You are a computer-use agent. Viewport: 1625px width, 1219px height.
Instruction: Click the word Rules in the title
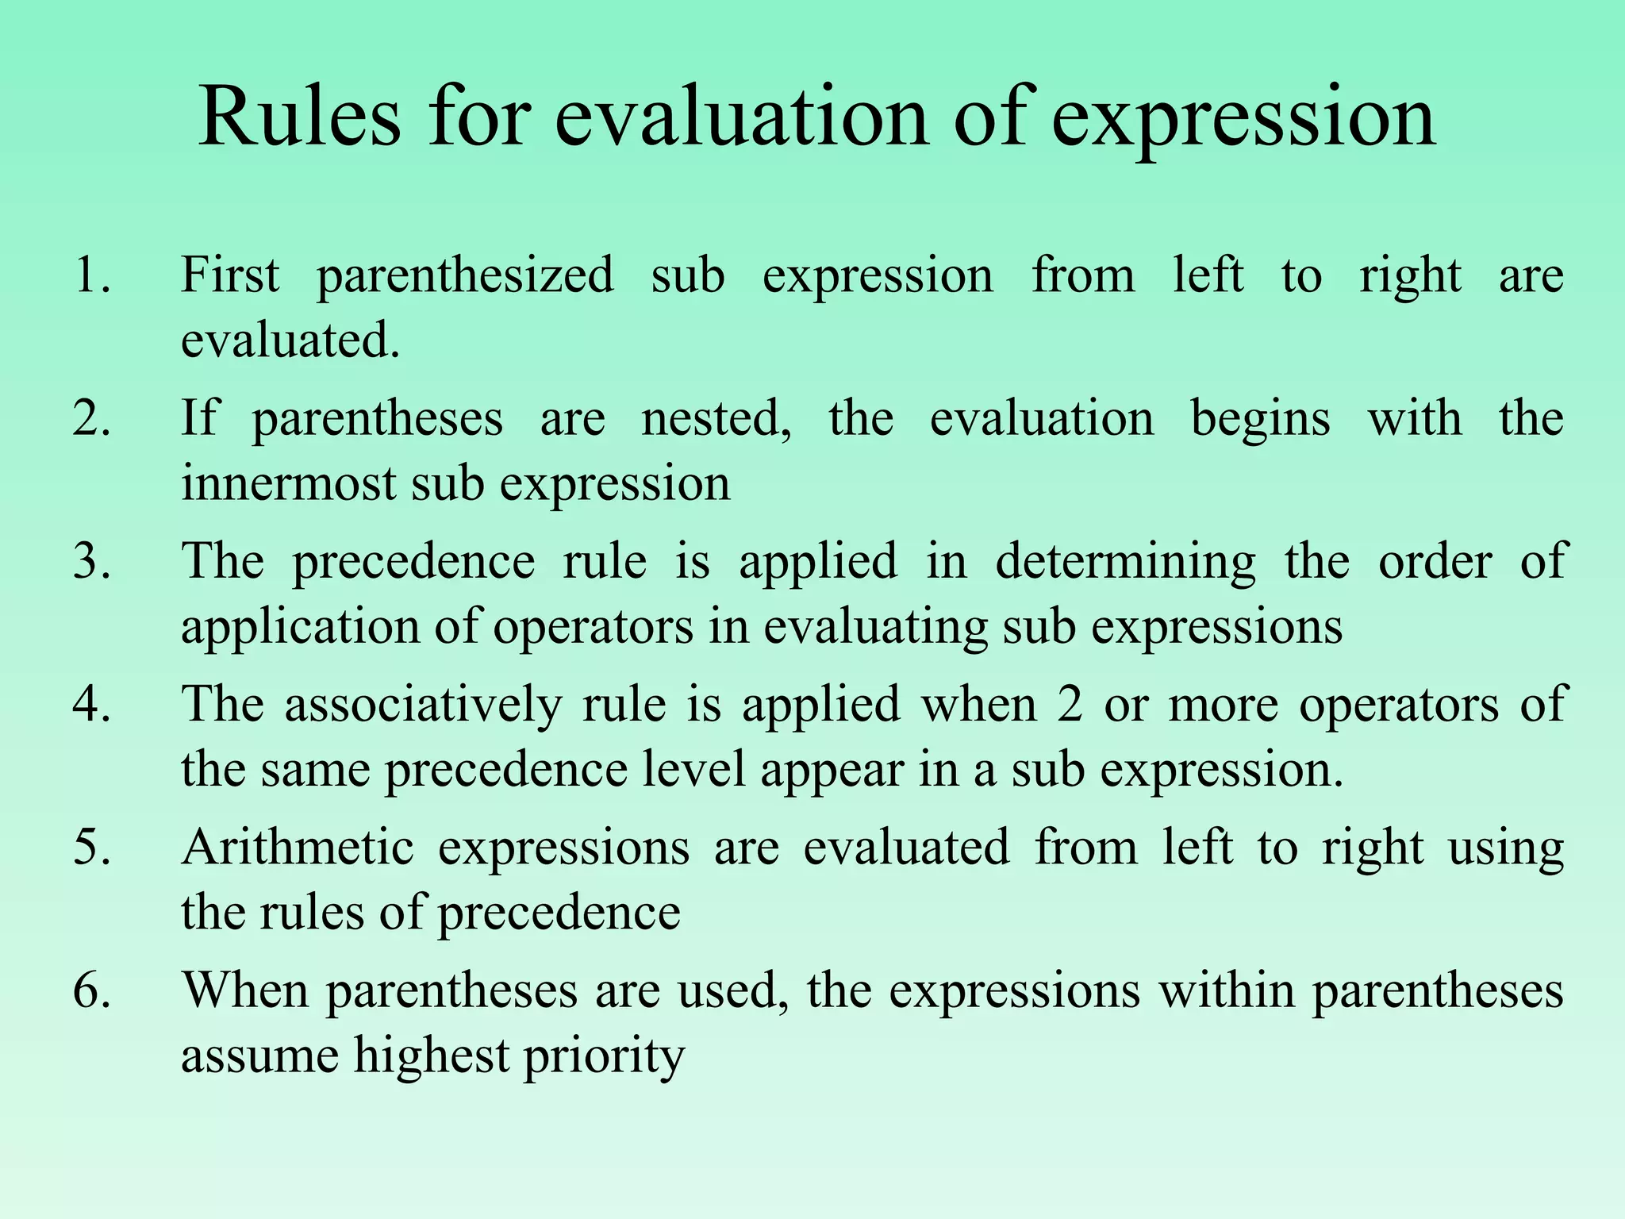tap(300, 119)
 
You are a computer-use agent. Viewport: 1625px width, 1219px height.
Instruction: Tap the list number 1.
tap(92, 275)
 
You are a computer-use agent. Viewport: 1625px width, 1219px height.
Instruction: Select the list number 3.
tap(92, 561)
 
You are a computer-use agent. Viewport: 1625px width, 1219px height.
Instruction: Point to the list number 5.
tap(92, 847)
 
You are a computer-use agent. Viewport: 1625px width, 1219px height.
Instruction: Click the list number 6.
tap(92, 991)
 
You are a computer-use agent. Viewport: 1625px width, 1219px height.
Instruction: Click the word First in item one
tap(230, 275)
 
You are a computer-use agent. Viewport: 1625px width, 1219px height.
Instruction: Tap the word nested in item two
tap(716, 419)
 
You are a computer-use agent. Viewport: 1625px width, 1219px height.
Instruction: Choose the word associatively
tap(423, 705)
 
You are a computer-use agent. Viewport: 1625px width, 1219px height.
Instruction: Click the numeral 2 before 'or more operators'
tap(1070, 705)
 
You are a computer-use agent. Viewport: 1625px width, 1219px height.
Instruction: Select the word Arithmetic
tap(298, 847)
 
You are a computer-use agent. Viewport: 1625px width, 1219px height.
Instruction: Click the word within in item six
tap(1226, 991)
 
